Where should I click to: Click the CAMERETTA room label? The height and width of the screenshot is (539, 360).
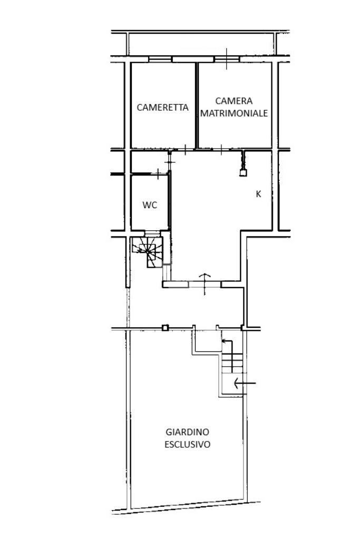[x=162, y=107]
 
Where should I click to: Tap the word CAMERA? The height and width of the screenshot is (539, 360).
[x=234, y=101]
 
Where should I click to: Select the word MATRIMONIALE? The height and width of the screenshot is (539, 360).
[x=234, y=113]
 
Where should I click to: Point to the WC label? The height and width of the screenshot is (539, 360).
[x=150, y=205]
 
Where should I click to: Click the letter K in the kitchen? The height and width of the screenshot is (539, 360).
[x=258, y=194]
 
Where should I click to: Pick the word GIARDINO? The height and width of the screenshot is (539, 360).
[x=187, y=432]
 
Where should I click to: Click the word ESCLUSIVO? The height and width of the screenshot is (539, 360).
[x=187, y=444]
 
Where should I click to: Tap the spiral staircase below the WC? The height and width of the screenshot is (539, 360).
[x=150, y=250]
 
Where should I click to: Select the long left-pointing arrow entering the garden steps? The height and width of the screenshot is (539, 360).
[x=245, y=383]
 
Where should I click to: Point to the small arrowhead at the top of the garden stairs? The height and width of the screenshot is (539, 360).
[x=223, y=341]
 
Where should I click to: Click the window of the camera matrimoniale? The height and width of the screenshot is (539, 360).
[x=226, y=59]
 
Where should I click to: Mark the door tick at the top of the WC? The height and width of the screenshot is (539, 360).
[x=159, y=172]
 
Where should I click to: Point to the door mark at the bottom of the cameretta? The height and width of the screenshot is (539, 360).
[x=186, y=150]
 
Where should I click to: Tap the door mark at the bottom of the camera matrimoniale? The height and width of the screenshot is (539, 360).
[x=222, y=149]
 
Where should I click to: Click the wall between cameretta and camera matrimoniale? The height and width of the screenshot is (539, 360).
[x=196, y=105]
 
